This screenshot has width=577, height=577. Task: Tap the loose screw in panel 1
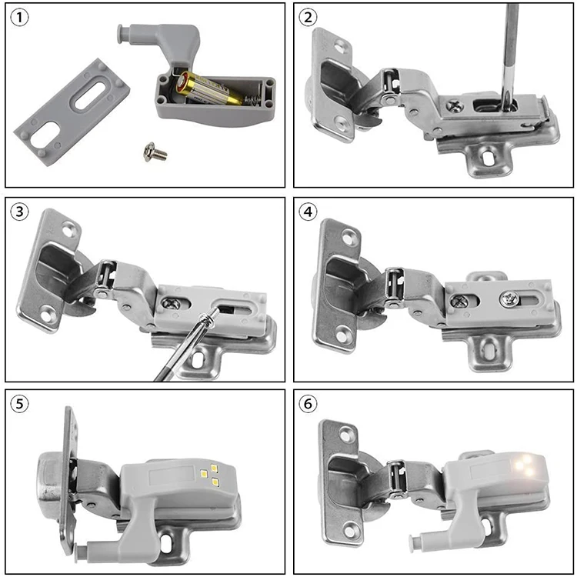[155, 153]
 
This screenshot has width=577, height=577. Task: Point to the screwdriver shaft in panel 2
[506, 46]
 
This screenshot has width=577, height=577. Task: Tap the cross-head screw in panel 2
[456, 107]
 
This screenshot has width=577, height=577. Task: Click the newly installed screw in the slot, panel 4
[509, 298]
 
